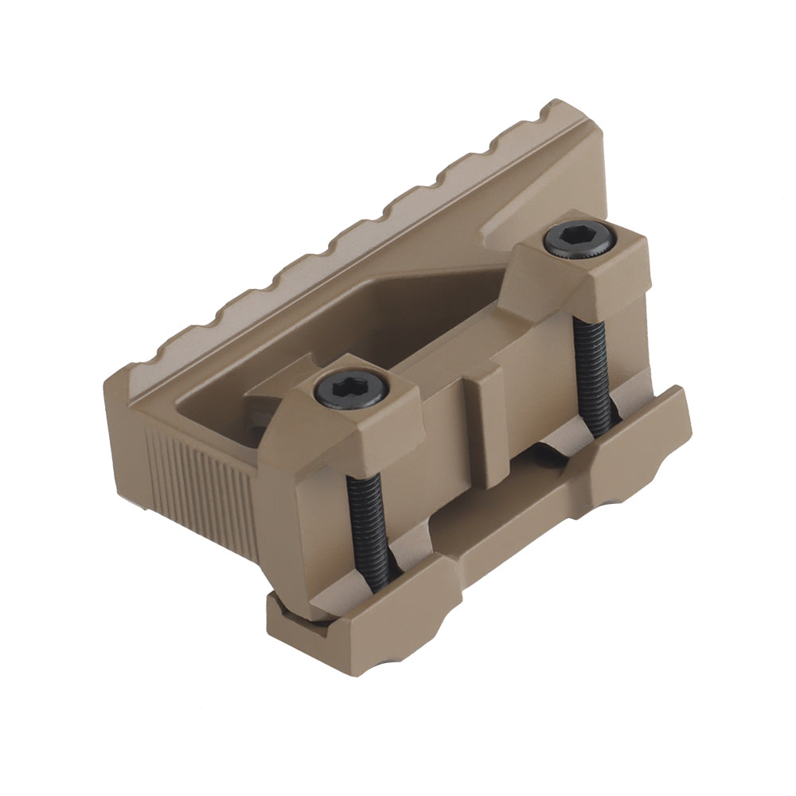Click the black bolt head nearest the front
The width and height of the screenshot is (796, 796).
351,391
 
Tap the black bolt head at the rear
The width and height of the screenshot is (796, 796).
579,240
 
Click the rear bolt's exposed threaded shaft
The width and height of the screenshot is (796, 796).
594,374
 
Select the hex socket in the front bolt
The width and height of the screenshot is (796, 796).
351,390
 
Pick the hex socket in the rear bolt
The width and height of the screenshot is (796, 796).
579,238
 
